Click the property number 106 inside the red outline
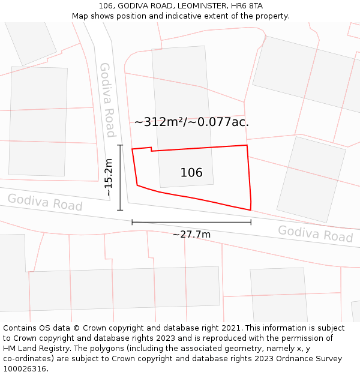191,173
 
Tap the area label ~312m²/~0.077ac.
191,122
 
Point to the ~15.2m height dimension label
108,178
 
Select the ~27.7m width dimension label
191,234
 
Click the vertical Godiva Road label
107,100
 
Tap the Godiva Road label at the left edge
44,202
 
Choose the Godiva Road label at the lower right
315,233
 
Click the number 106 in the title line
107,6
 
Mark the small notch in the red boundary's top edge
151,149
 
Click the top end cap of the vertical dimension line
120,145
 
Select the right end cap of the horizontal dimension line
251,222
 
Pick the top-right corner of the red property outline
247,145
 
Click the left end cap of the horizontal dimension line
132,222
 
